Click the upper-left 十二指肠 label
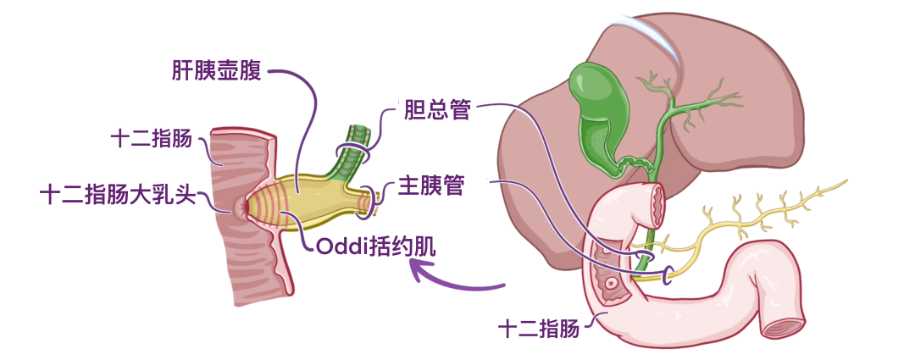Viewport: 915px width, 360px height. (152, 138)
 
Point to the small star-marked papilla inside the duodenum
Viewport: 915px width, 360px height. (609, 281)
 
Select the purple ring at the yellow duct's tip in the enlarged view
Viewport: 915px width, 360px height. (370, 197)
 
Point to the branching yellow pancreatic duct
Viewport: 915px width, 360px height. (762, 212)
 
